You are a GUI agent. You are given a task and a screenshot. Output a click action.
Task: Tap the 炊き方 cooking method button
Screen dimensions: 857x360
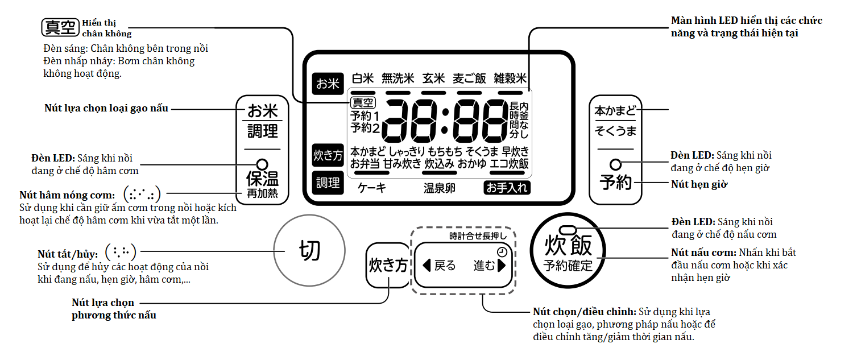click(388, 266)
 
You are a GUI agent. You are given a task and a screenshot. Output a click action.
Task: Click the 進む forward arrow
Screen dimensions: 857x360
click(501, 266)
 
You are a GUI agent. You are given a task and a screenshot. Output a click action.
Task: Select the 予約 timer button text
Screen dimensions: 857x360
click(616, 183)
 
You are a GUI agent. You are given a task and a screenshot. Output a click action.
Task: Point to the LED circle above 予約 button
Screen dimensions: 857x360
click(615, 164)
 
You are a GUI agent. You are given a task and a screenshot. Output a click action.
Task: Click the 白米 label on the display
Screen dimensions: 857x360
click(363, 78)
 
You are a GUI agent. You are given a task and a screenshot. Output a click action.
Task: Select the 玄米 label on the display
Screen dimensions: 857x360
click(433, 78)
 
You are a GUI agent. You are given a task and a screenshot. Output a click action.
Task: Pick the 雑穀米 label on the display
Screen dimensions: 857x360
click(510, 78)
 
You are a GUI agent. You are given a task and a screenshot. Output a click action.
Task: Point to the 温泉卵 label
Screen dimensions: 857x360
click(439, 188)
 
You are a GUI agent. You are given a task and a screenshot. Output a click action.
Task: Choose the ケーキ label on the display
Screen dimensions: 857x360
click(372, 188)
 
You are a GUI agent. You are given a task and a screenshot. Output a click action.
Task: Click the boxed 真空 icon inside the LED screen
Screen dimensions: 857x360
click(362, 103)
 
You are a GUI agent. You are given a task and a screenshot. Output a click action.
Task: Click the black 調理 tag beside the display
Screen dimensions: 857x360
click(328, 183)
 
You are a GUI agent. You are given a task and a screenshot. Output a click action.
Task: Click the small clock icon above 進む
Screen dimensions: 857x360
click(501, 253)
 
